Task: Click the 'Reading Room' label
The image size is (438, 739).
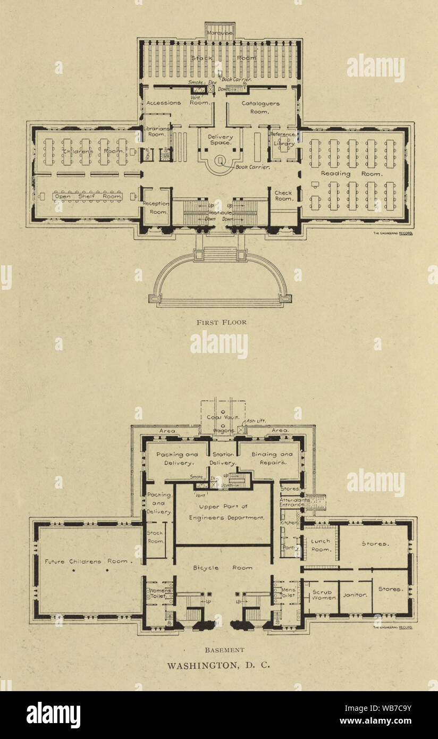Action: tap(351, 174)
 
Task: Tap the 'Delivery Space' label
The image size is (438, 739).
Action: tap(220, 140)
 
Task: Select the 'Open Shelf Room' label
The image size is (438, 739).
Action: tap(88, 197)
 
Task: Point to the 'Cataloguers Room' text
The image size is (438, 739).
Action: tap(260, 107)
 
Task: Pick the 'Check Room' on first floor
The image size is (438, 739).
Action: tap(283, 196)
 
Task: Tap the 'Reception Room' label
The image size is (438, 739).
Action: tap(156, 207)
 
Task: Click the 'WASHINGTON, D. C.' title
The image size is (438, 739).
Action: tap(219, 665)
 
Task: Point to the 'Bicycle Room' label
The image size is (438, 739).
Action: tap(223, 568)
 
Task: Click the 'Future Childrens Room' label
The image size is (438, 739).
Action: tap(87, 561)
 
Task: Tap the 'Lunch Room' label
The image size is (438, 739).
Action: tap(321, 545)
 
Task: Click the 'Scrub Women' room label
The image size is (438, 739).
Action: tap(323, 594)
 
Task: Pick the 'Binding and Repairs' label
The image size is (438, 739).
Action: tap(272, 458)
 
